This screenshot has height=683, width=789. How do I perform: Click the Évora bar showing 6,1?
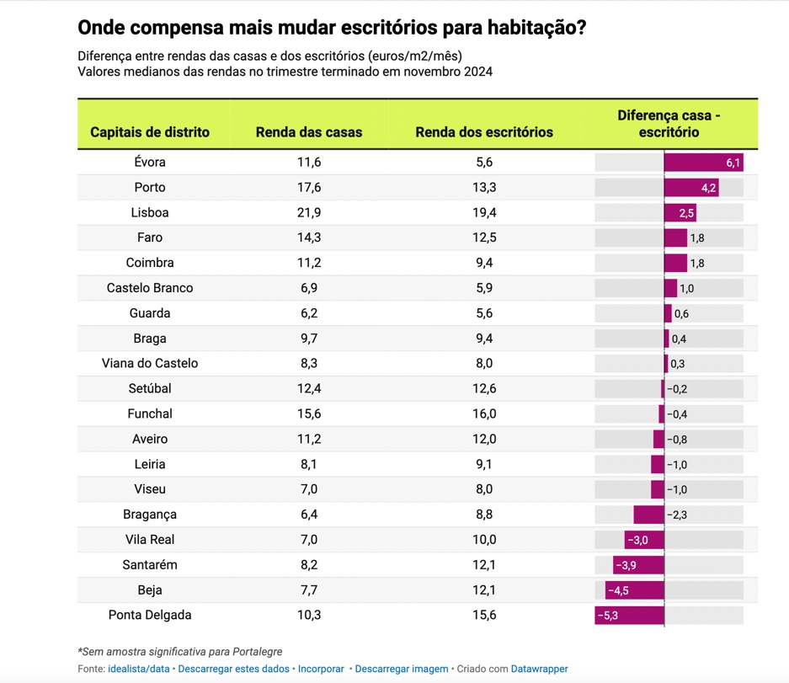click(x=703, y=163)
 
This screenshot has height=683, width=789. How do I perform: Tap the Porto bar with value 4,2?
click(x=691, y=188)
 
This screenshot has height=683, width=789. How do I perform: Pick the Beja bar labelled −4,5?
click(x=635, y=590)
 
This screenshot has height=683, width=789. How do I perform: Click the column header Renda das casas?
click(x=309, y=132)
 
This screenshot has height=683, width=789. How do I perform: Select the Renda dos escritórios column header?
click(x=484, y=132)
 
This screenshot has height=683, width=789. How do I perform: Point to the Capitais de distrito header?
click(x=150, y=132)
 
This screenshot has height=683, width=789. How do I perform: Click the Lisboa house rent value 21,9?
click(x=309, y=212)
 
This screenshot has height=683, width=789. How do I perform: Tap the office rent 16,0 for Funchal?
click(x=484, y=414)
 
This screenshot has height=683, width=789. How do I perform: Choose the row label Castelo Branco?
click(x=150, y=288)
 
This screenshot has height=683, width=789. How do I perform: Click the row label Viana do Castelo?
click(x=150, y=364)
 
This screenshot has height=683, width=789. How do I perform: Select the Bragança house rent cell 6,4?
click(x=309, y=515)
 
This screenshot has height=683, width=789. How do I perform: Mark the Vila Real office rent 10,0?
click(x=484, y=540)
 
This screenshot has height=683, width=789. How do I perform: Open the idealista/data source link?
click(x=138, y=669)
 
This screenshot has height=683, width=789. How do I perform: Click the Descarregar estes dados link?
click(x=233, y=669)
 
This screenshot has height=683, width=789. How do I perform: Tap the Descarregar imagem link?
click(x=402, y=669)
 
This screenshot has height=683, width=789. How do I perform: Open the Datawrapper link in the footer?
click(x=539, y=669)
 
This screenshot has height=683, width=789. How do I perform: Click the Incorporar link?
click(x=321, y=669)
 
